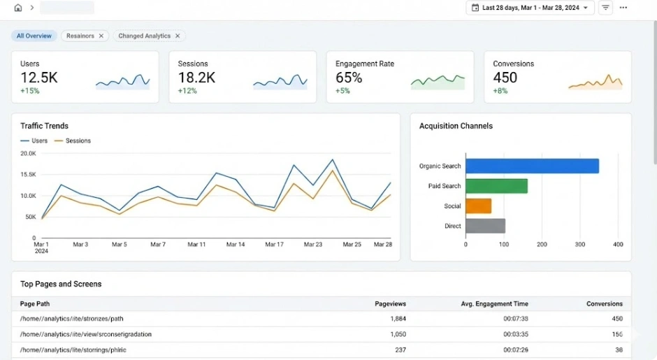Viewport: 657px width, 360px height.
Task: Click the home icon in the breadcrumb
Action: click(18, 8)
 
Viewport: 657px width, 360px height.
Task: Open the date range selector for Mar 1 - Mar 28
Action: click(530, 8)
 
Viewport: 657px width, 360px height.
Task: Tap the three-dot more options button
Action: click(623, 8)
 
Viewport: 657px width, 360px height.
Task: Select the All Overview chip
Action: click(34, 36)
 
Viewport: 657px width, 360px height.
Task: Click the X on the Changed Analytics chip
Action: click(178, 36)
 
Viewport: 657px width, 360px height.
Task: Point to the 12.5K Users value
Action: click(38, 78)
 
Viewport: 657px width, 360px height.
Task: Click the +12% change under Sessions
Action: click(187, 91)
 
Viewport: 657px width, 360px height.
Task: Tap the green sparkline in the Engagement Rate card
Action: click(438, 81)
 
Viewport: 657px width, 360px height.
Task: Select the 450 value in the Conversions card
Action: click(505, 78)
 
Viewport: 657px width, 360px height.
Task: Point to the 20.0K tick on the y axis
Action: click(28, 153)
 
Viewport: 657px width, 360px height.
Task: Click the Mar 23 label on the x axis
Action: click(314, 245)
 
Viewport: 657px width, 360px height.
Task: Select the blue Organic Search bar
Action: click(532, 166)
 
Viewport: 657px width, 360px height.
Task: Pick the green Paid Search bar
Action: click(496, 186)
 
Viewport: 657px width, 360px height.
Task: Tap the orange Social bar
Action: click(478, 206)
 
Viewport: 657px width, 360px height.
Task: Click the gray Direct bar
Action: click(485, 226)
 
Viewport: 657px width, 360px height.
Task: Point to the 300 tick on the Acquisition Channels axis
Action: click(580, 245)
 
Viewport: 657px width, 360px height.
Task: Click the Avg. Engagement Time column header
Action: click(495, 304)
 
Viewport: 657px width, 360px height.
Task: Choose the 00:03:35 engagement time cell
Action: click(516, 334)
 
